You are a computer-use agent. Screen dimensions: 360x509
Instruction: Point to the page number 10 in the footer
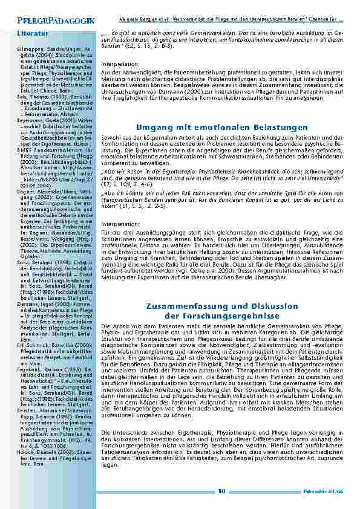221,491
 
